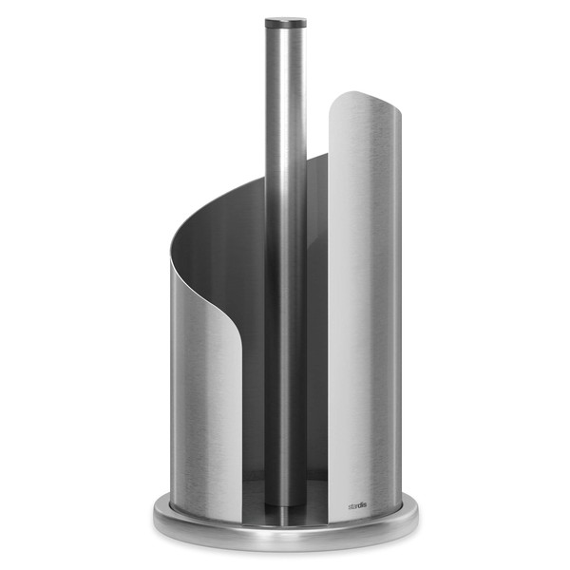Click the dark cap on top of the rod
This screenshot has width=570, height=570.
click(x=285, y=20)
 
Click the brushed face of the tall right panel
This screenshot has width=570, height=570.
click(x=366, y=304)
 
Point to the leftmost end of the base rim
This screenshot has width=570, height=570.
click(x=154, y=518)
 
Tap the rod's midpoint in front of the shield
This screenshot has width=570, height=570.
click(x=285, y=285)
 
